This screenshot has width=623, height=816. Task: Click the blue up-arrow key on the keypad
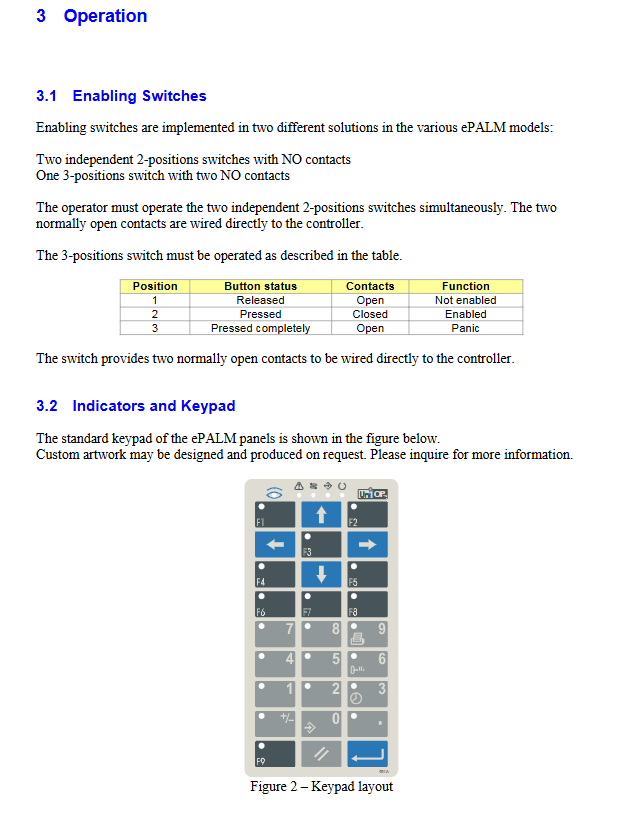(x=321, y=515)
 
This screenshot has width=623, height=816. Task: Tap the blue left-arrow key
(x=275, y=544)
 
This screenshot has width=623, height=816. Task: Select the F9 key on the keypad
(x=275, y=753)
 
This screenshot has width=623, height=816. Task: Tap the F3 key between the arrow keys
(x=321, y=544)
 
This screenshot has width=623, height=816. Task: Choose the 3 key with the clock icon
(x=367, y=693)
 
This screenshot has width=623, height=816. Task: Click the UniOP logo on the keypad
(x=372, y=493)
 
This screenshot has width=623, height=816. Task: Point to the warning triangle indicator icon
(x=298, y=485)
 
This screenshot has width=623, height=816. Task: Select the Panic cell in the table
(x=465, y=328)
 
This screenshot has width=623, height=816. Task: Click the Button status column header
(x=260, y=286)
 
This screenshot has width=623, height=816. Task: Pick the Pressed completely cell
(x=260, y=328)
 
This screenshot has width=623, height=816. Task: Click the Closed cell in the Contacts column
(x=370, y=314)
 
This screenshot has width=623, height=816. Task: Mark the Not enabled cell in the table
(x=465, y=300)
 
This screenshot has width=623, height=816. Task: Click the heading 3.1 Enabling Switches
(x=121, y=96)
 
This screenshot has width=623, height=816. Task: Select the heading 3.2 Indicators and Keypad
(x=135, y=406)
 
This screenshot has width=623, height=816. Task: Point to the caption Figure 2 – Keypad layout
(x=321, y=787)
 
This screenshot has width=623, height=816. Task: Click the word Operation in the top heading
(x=105, y=16)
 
